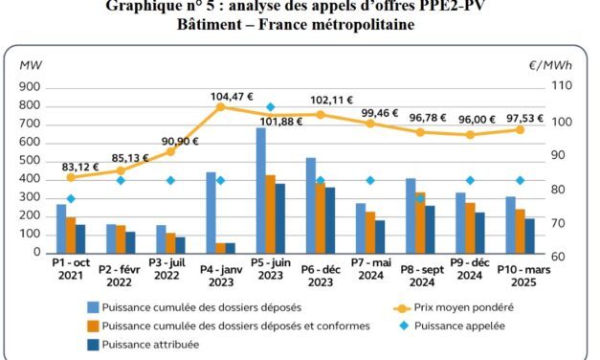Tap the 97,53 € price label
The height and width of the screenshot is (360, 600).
tap(522, 118)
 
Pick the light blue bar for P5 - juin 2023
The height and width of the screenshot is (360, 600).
tap(260, 191)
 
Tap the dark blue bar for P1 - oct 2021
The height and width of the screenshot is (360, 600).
tap(80, 240)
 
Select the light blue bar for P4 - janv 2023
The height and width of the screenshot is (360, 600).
tap(211, 214)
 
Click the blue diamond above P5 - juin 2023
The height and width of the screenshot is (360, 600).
tap(271, 107)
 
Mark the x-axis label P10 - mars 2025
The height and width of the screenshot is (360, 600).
tap(522, 276)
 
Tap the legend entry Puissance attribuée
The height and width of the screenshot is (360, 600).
tap(153, 344)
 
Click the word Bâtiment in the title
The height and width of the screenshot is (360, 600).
tap(211, 23)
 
